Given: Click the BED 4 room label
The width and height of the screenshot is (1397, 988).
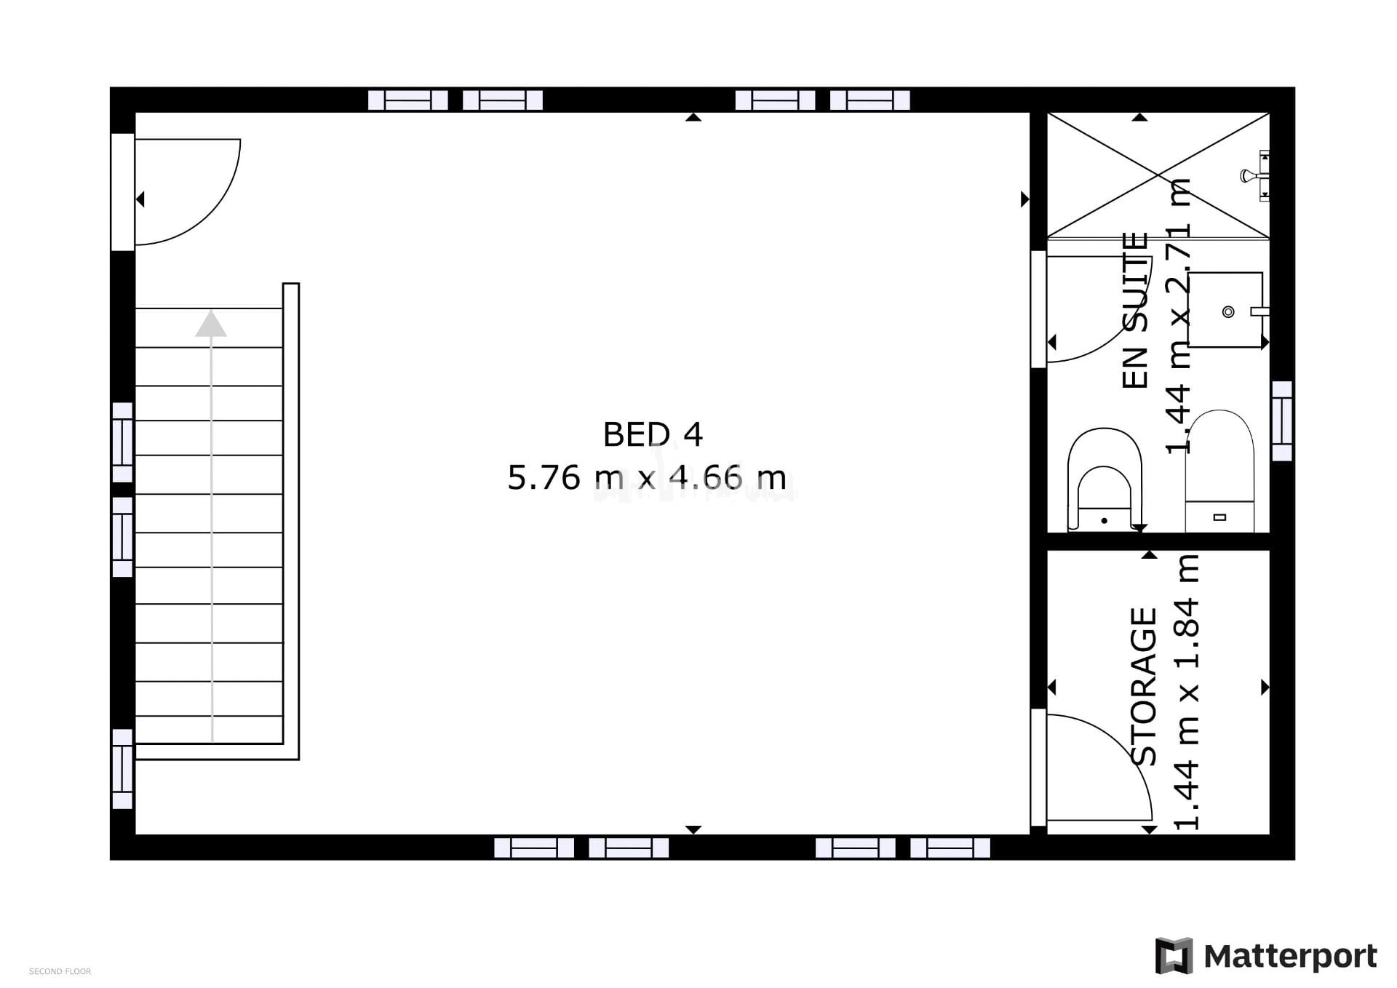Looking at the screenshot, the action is (x=653, y=435).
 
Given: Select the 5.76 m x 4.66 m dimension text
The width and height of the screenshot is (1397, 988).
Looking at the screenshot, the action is (x=647, y=478).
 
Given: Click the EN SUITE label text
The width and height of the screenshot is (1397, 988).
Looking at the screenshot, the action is (x=1135, y=311).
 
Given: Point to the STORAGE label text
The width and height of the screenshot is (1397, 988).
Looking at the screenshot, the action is (x=1144, y=687).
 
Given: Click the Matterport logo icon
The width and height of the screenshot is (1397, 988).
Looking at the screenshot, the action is (x=1174, y=955).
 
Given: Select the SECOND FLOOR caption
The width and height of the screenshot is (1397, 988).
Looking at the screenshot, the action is (x=60, y=971).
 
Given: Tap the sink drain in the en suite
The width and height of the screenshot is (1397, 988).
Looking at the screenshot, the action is (x=1228, y=312).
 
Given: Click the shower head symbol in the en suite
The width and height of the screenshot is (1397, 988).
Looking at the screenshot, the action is (x=1248, y=175).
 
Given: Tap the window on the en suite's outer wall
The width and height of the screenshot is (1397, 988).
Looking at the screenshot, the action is (x=1281, y=421).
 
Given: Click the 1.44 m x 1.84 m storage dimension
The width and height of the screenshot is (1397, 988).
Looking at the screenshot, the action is (x=1186, y=692).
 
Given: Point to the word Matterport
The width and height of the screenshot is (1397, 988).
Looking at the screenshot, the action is (x=1290, y=957).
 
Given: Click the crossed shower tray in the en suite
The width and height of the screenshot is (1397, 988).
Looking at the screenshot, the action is (x=1158, y=175).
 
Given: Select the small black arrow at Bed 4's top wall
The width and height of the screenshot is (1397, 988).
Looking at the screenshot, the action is (x=693, y=117).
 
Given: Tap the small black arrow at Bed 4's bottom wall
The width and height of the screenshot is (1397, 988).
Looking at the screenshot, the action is (x=693, y=830).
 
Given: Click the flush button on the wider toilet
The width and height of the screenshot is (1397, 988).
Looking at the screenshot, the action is (x=1220, y=517).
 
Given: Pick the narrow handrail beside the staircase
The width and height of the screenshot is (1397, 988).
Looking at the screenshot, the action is (x=291, y=521).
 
